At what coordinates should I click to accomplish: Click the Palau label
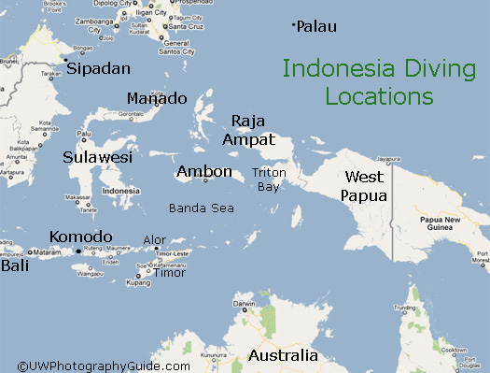[318, 27]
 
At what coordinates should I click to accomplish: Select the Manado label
[156, 99]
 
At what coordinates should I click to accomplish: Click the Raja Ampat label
[249, 130]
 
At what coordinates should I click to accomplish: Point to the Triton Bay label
[268, 179]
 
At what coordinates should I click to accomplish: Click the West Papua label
[363, 186]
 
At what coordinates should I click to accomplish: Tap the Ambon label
[204, 171]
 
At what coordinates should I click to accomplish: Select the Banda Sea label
[201, 208]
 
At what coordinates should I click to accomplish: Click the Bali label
[15, 265]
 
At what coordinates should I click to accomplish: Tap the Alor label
[155, 241]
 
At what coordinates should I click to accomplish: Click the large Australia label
[283, 356]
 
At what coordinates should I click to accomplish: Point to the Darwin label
[244, 304]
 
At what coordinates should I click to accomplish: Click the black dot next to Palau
[294, 24]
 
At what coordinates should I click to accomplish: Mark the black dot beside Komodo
[78, 251]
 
